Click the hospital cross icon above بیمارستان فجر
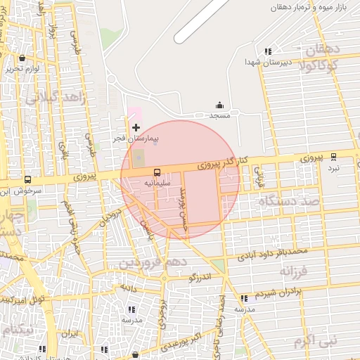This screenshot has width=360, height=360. coord(136,127)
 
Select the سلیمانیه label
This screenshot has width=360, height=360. coord(158,182)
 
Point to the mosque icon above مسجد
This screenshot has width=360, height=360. coord(219,105)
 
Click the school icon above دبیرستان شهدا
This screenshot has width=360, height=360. coord(267,51)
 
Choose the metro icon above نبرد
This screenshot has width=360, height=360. coord(333,157)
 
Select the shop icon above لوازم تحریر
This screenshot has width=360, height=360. coord(22,58)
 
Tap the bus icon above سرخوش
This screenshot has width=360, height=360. coord(27,179)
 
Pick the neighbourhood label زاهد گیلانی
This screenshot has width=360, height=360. coord(56,98)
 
